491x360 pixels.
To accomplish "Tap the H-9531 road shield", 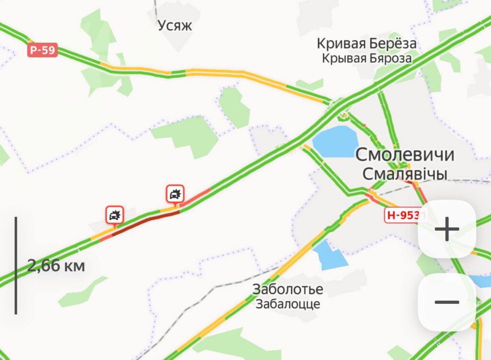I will (x=406, y=215).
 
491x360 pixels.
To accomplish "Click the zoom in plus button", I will (x=447, y=229).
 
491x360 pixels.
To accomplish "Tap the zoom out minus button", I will (x=447, y=302).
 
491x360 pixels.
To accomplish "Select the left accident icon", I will (x=115, y=215).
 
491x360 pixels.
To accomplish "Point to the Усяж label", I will (x=175, y=25).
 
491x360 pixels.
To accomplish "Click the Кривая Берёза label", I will (x=366, y=44).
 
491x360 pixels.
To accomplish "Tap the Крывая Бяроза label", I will (x=367, y=58).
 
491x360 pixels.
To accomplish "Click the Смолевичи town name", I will (x=405, y=155).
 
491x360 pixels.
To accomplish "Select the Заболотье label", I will (x=288, y=290).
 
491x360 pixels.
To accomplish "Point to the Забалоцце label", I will (x=288, y=304).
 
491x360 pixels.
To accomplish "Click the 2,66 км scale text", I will (x=56, y=266).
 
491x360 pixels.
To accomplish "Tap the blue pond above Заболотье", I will (x=331, y=255).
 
